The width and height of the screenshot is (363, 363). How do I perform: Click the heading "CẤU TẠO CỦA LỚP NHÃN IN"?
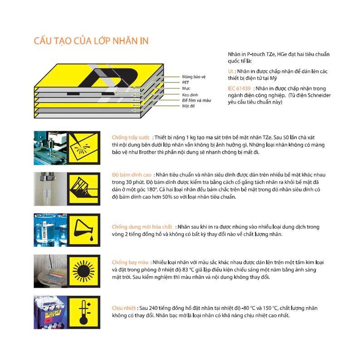pos(91,41)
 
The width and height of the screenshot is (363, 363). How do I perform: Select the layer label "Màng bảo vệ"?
pos(194,77)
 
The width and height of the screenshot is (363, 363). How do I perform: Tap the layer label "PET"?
pos(186,83)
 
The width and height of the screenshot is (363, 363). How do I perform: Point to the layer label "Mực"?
pos(186,88)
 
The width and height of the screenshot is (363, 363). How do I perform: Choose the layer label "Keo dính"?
pos(190,95)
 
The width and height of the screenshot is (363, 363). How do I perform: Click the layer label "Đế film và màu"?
pos(196,100)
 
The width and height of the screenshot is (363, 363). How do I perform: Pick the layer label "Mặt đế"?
pos(188,106)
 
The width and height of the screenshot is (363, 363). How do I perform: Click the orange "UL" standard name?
pos(231,71)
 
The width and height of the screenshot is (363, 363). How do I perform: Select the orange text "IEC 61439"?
pos(239,88)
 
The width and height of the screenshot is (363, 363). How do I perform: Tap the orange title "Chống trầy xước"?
pos(131,137)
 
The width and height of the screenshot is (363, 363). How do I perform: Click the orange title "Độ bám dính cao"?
pos(132,175)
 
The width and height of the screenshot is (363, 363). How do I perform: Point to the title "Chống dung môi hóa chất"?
pos(142,227)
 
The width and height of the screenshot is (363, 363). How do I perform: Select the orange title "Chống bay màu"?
pos(130,262)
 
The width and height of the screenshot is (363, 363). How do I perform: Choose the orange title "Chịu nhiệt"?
pos(124,308)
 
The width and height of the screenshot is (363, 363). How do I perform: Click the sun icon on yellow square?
pos(83,271)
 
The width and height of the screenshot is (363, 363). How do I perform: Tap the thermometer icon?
pos(83,312)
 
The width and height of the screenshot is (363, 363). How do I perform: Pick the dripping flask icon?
pos(83,230)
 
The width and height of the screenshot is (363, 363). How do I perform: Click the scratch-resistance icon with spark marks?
pos(83,148)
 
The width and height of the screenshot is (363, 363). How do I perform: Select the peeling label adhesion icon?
pos(83,189)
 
